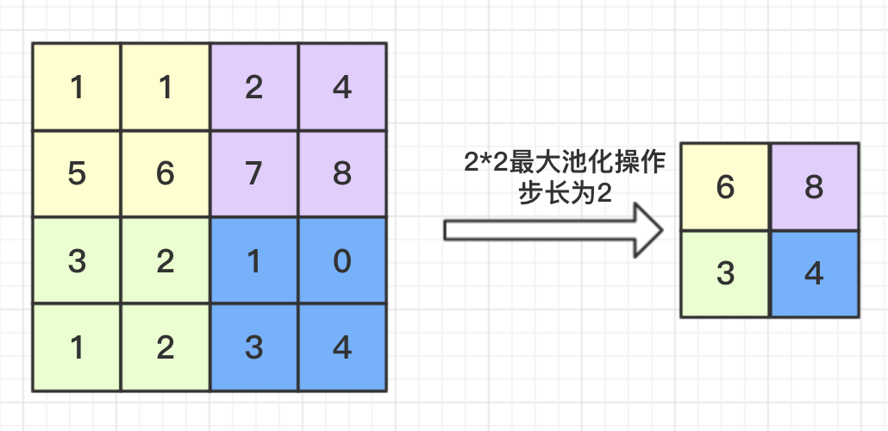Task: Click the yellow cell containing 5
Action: pyautogui.click(x=77, y=173)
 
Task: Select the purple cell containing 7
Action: pyautogui.click(x=253, y=173)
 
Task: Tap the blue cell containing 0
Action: pyautogui.click(x=342, y=260)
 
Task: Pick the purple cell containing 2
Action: pyautogui.click(x=253, y=87)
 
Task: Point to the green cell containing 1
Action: pyautogui.click(x=77, y=347)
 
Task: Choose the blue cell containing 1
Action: pyautogui.click(x=253, y=260)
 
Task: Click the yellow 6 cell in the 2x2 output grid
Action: pyautogui.click(x=725, y=187)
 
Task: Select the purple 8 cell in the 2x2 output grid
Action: pyautogui.click(x=814, y=187)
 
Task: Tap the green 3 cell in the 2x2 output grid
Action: pyautogui.click(x=725, y=274)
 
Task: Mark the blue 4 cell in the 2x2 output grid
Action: pyautogui.click(x=814, y=274)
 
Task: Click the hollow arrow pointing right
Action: pyautogui.click(x=553, y=230)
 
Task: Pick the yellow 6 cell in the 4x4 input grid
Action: pyautogui.click(x=166, y=173)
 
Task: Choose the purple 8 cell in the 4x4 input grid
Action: pyautogui.click(x=342, y=173)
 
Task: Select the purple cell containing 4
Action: pyautogui.click(x=342, y=87)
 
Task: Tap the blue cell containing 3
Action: pyautogui.click(x=253, y=347)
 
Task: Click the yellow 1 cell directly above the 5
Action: pyautogui.click(x=77, y=87)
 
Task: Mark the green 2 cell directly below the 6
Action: pyautogui.click(x=166, y=260)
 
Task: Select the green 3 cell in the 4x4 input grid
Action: pyautogui.click(x=77, y=260)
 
